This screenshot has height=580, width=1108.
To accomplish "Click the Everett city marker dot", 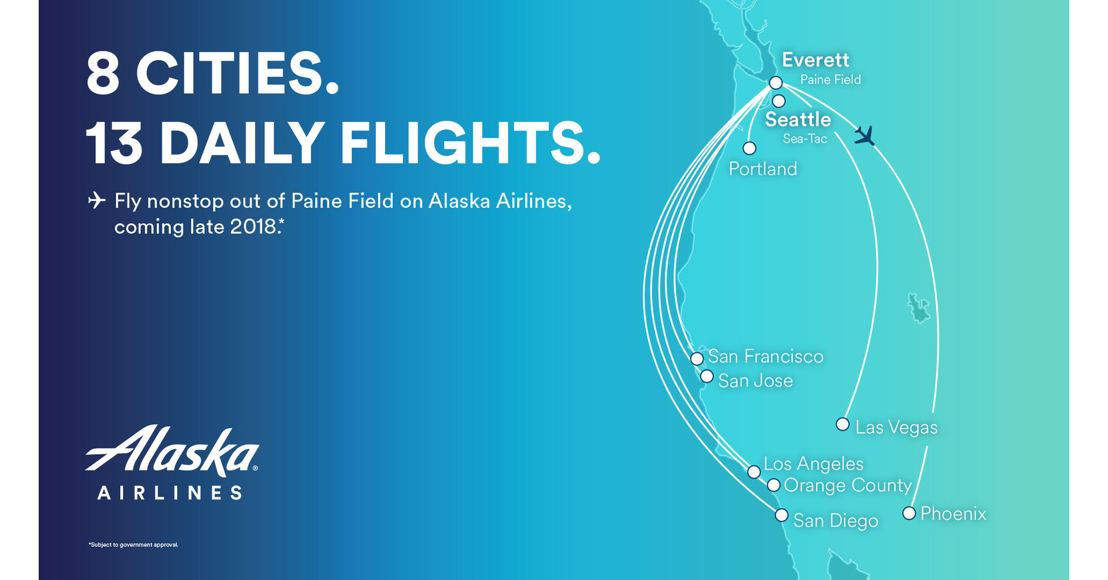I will (x=775, y=83).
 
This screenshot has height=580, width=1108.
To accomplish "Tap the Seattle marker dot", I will (x=779, y=102).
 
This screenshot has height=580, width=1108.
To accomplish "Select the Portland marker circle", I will (x=749, y=148).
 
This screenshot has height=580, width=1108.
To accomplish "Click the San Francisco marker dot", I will (x=697, y=358).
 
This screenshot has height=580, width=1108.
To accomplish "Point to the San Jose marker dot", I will (x=707, y=377).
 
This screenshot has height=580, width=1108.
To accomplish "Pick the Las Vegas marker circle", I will (x=842, y=425).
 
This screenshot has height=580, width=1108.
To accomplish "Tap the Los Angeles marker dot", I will (x=753, y=472).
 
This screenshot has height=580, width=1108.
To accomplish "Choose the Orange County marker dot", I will (x=774, y=485).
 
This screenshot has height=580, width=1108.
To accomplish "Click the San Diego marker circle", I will (x=781, y=515).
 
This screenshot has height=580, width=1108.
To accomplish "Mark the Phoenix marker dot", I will (x=909, y=513).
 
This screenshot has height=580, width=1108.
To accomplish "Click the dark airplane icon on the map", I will (x=864, y=136).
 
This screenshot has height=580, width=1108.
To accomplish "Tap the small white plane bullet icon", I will (x=96, y=200).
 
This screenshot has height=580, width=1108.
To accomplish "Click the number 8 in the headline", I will (x=103, y=73).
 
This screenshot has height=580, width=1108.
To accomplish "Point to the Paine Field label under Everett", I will (x=830, y=80).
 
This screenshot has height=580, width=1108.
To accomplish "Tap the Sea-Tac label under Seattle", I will (x=805, y=139).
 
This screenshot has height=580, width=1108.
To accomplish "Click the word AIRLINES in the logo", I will (x=170, y=493).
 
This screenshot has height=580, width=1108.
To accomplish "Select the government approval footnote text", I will (x=133, y=545).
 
